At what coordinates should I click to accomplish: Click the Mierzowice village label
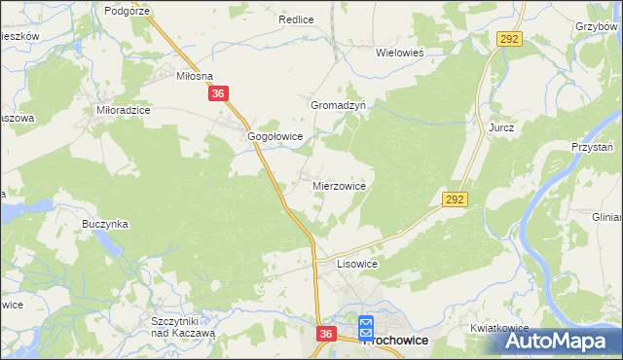pyautogui.click(x=339, y=184)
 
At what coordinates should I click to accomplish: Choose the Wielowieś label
pyautogui.click(x=403, y=54)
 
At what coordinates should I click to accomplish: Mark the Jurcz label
pyautogui.click(x=501, y=127)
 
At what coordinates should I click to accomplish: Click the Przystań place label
pyautogui.click(x=592, y=147)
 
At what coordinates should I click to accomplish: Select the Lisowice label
pyautogui.click(x=356, y=264)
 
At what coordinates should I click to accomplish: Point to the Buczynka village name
pyautogui.click(x=105, y=224)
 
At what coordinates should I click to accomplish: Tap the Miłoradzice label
pyautogui.click(x=123, y=111)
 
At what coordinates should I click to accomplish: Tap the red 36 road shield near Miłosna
pyautogui.click(x=218, y=94)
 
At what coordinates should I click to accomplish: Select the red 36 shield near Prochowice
pyautogui.click(x=326, y=334)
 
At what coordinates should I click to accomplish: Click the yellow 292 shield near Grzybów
pyautogui.click(x=509, y=38)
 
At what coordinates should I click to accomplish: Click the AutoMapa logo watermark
pyautogui.click(x=559, y=342)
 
